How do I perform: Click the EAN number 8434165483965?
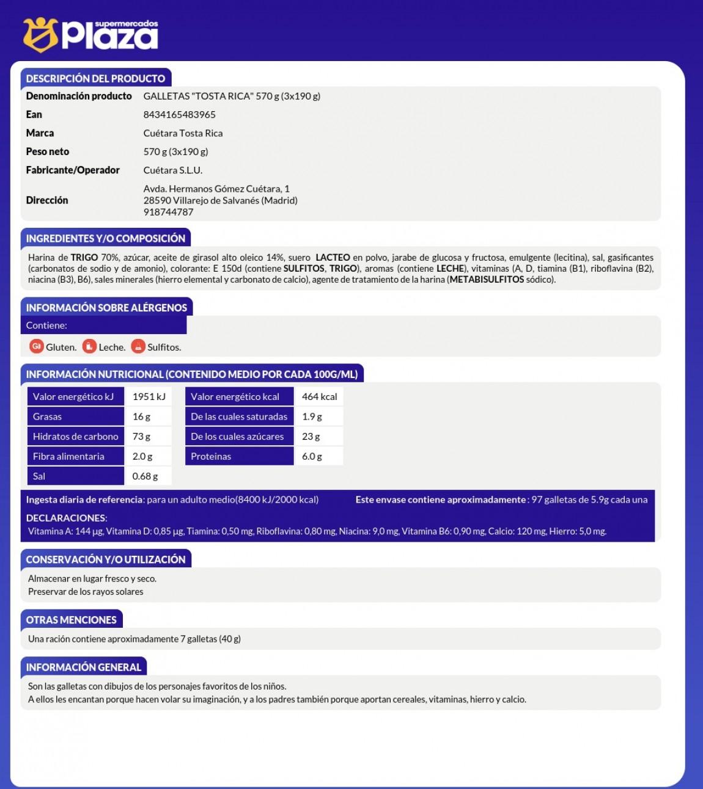179,115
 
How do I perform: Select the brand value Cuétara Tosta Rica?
183,133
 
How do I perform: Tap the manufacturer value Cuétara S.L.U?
172,170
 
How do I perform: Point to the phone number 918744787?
168,212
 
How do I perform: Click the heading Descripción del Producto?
95,78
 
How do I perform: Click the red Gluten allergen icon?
36,346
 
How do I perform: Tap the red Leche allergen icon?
89,346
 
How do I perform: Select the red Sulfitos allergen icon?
138,346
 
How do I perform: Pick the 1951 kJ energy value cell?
149,397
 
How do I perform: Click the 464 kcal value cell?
319,397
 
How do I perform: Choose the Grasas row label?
75,416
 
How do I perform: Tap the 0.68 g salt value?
145,476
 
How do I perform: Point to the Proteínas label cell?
239,456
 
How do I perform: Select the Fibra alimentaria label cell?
75,456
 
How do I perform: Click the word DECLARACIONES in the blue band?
66,518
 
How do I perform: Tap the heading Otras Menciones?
71,620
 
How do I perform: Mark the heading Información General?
83,667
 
